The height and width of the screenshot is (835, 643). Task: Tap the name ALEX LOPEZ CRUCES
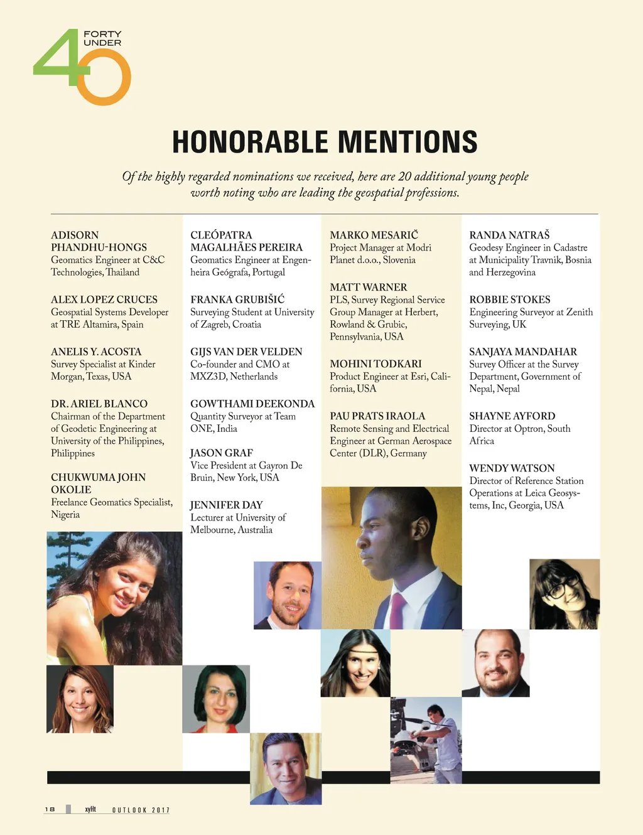pyautogui.click(x=104, y=299)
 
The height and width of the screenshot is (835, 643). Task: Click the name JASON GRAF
pyautogui.click(x=222, y=453)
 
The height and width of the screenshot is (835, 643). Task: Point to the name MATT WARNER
pyautogui.click(x=369, y=287)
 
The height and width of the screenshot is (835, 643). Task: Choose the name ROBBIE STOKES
pyautogui.click(x=510, y=299)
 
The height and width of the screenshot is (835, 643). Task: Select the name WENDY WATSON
pyautogui.click(x=512, y=468)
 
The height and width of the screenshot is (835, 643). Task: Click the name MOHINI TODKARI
pyautogui.click(x=376, y=364)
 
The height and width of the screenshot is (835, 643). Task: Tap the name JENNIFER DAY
pyautogui.click(x=227, y=505)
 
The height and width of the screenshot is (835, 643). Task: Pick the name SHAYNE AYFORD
pyautogui.click(x=512, y=416)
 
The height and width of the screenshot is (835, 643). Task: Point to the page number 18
pyautogui.click(x=50, y=809)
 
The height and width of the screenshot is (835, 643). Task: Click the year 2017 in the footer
pyautogui.click(x=161, y=810)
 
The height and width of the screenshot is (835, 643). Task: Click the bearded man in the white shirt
pyautogui.click(x=288, y=595)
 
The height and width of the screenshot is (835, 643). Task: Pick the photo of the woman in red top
pyautogui.click(x=216, y=699)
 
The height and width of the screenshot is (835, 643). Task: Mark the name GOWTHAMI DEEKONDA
pyautogui.click(x=252, y=404)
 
